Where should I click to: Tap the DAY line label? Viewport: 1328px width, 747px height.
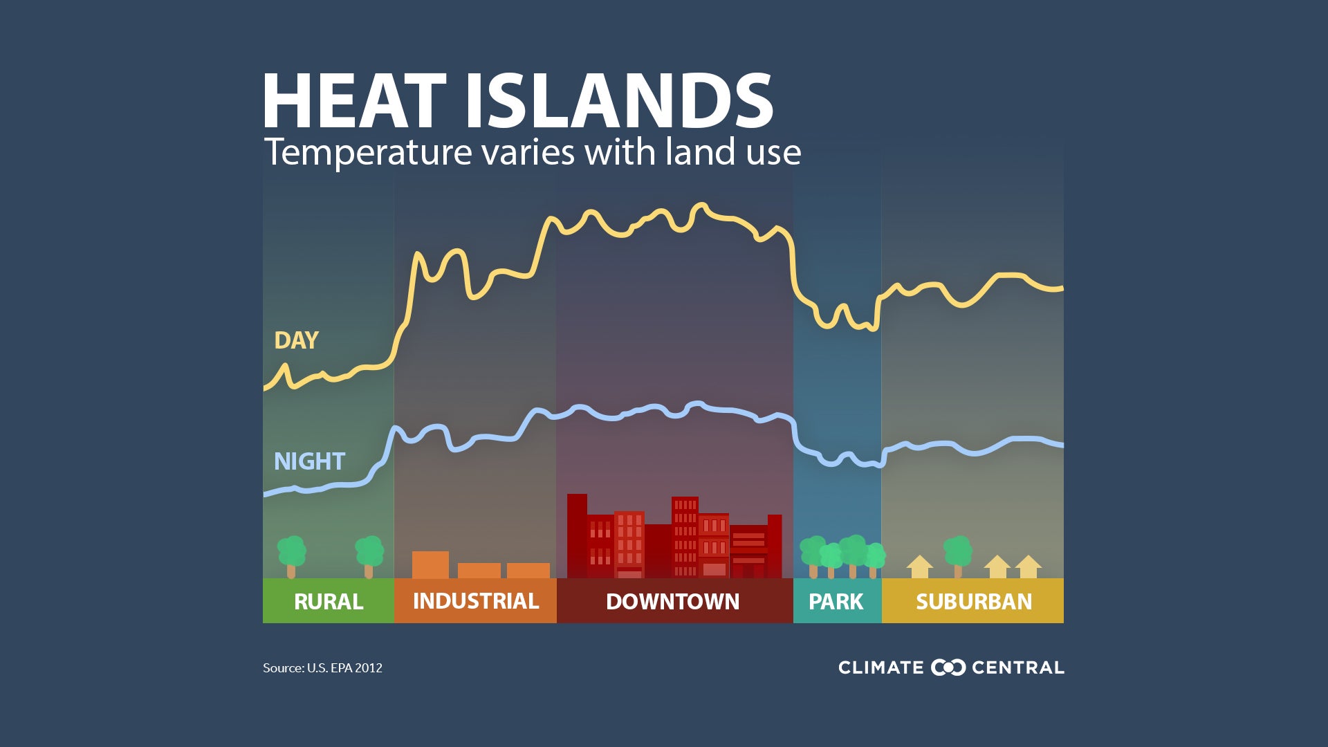[296, 340]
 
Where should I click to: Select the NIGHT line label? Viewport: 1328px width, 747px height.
[309, 461]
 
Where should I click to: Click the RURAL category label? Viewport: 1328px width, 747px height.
[329, 601]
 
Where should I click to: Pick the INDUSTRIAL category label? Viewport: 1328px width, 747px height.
[476, 600]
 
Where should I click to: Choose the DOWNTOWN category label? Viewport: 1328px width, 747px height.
[672, 601]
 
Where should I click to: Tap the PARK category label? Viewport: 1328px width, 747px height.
[836, 601]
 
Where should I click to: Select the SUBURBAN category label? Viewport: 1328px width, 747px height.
[974, 601]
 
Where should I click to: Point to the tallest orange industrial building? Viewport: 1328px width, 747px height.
[430, 564]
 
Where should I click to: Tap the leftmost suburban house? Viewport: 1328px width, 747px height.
[919, 566]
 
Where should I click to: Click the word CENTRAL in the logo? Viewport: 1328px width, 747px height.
[1017, 667]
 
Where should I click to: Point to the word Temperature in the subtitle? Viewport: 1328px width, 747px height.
[367, 152]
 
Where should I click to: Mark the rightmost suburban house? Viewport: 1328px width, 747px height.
[1029, 566]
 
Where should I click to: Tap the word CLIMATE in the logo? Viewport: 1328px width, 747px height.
[880, 667]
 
